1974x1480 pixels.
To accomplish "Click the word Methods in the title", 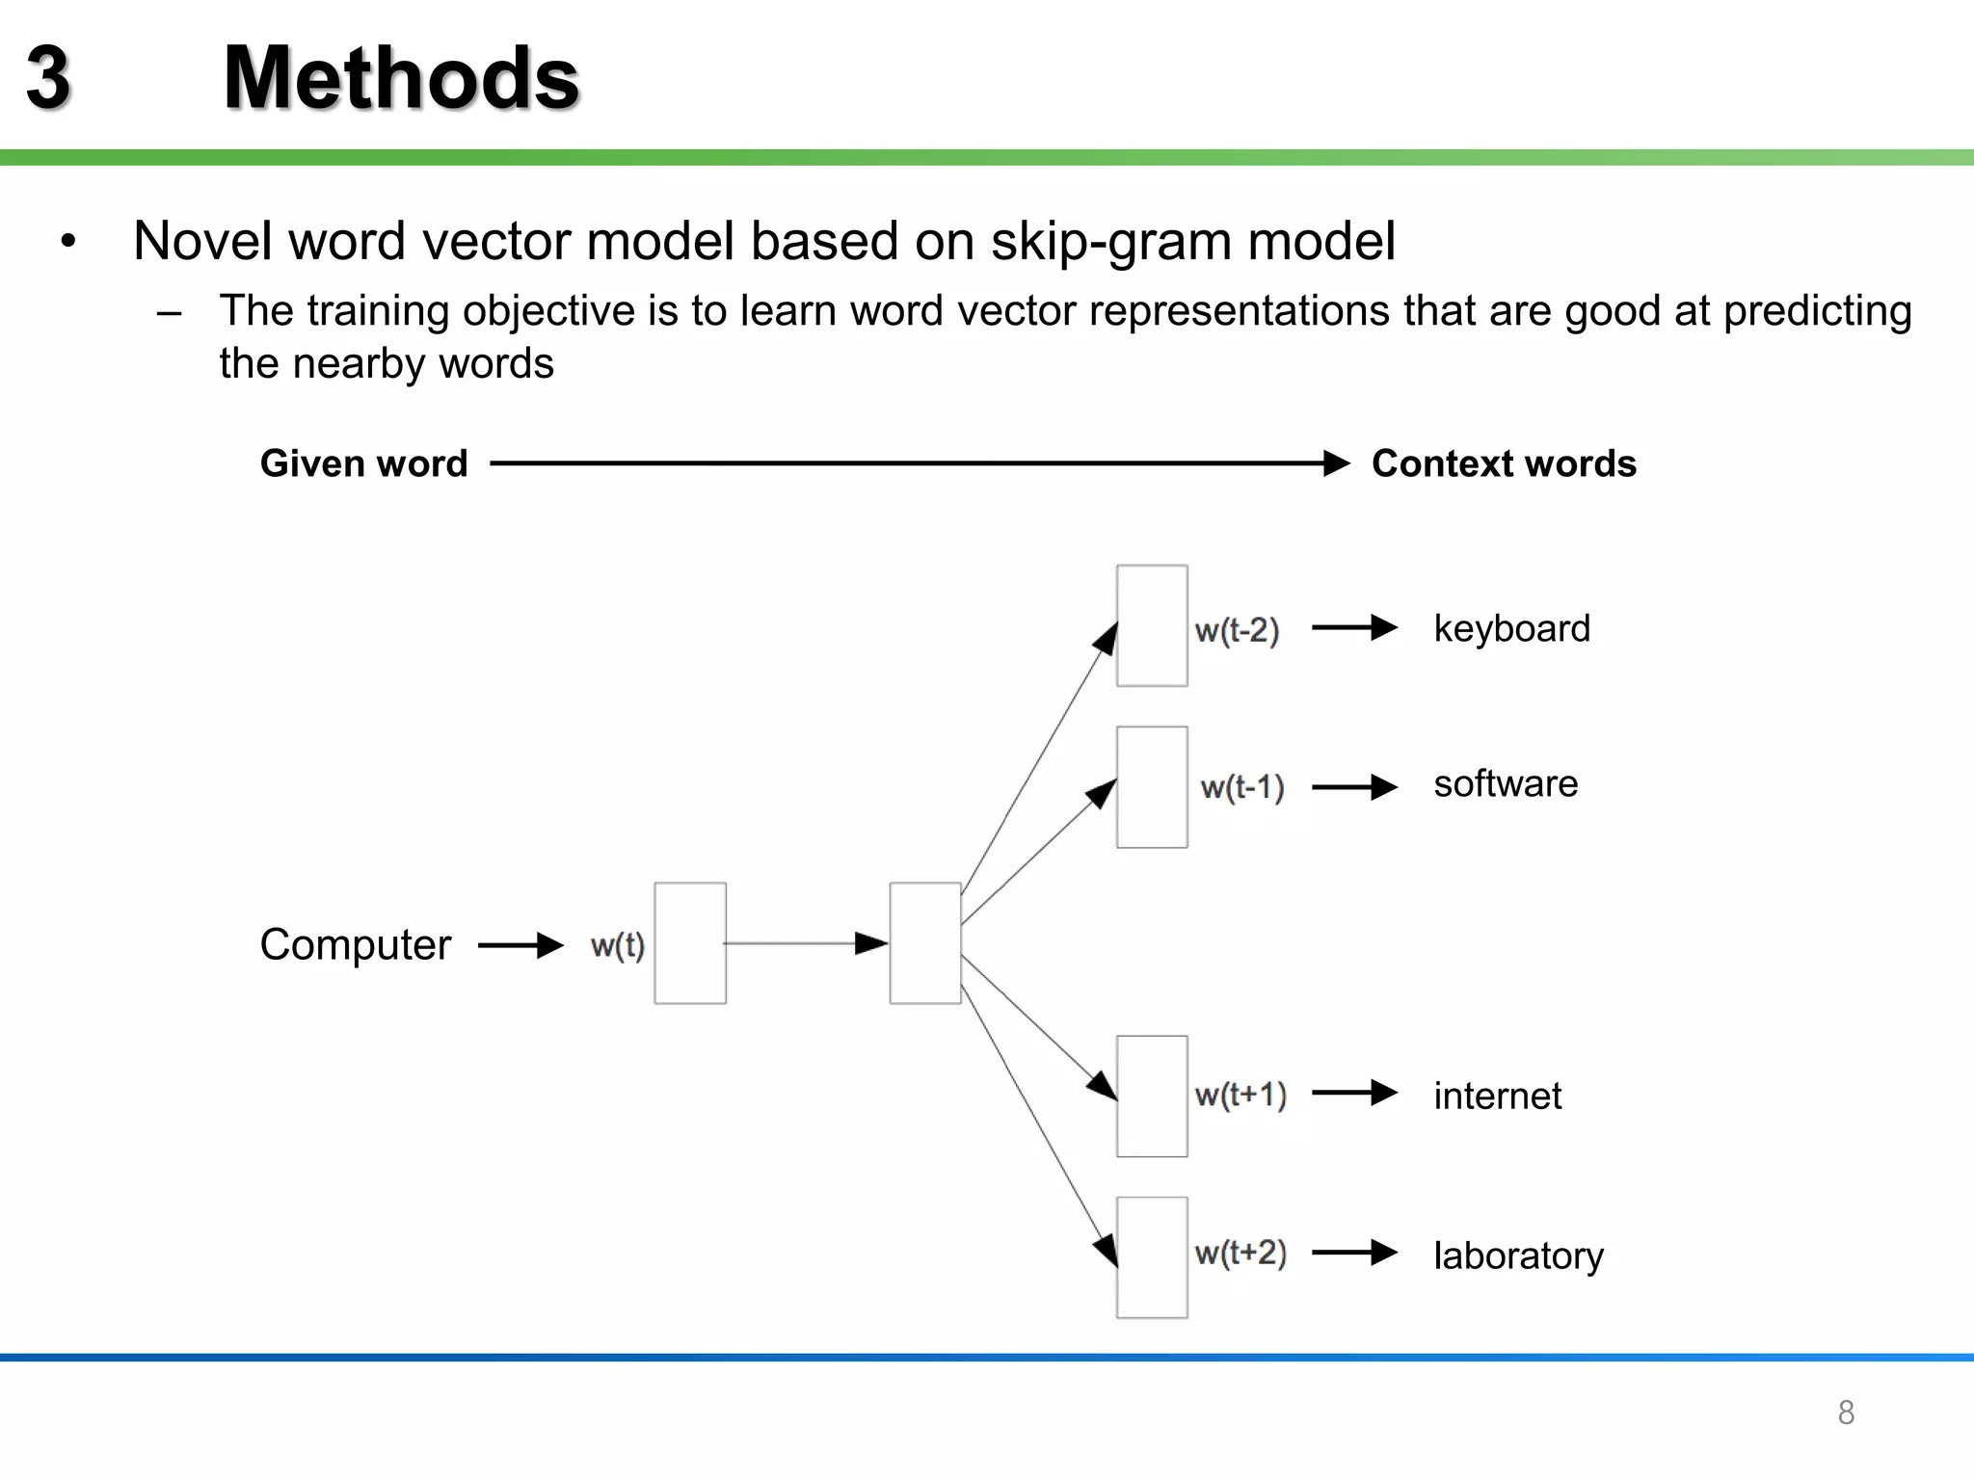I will [401, 79].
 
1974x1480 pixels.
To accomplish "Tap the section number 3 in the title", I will [48, 79].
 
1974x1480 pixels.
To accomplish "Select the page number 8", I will [1845, 1413].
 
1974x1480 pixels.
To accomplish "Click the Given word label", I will [363, 463].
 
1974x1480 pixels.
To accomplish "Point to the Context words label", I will [1504, 463].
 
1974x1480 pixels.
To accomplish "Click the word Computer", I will [355, 944].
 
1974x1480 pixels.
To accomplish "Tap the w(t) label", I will [617, 945].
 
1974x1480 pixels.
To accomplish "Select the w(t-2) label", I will [1237, 630].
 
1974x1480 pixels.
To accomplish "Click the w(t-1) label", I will [1241, 787].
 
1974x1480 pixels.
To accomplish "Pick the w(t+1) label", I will [1240, 1095].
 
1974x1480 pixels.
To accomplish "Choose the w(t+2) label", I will [1240, 1253].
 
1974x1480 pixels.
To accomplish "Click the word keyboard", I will [1511, 629].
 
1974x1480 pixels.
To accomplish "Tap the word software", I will [1506, 783].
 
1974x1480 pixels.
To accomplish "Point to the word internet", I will [1497, 1097].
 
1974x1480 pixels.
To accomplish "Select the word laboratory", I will [1518, 1255].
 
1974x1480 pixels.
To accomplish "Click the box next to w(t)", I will [690, 943].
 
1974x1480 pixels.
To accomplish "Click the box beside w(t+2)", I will [1152, 1257].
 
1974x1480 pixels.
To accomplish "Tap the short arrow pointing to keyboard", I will [1354, 628].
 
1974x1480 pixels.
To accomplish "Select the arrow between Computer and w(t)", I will [520, 945].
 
